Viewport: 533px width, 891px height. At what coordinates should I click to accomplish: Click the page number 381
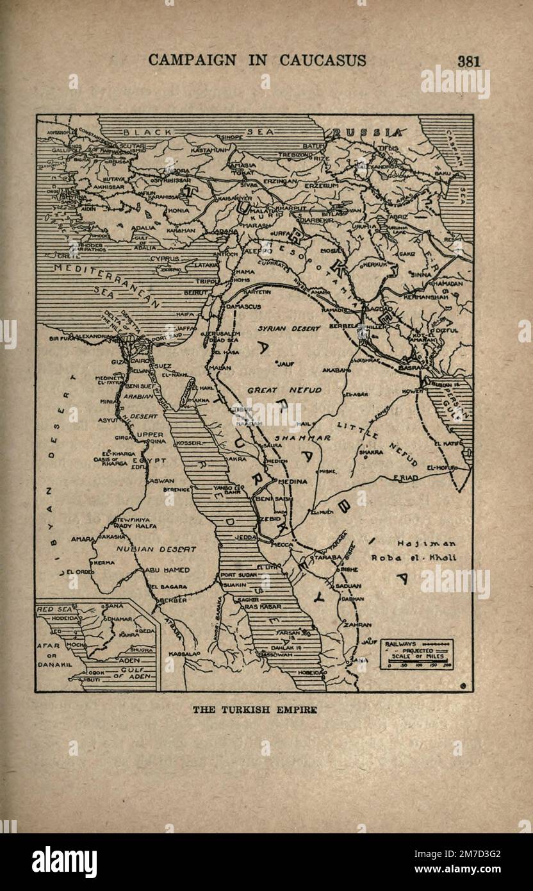[468, 61]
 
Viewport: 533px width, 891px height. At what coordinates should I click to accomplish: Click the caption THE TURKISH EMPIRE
[255, 710]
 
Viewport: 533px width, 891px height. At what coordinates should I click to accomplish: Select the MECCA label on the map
[282, 544]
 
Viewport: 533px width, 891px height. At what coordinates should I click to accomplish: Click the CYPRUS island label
[165, 258]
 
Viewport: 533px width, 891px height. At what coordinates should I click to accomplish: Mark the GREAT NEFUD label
[285, 389]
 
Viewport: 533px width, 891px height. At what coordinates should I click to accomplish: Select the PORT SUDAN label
[238, 574]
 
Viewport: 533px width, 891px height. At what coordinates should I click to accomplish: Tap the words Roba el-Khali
[414, 557]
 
